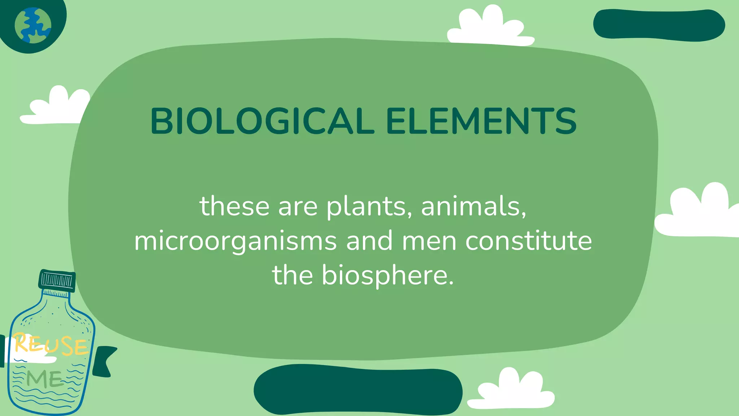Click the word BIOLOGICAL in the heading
(262, 121)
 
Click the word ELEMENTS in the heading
(481, 121)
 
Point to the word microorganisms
(235, 241)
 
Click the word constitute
(529, 241)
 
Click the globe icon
(33, 25)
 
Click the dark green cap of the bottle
(57, 280)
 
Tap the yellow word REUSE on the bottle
(51, 344)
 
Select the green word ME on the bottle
(45, 379)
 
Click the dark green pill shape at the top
(659, 25)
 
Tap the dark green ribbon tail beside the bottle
(104, 361)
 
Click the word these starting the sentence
(235, 207)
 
